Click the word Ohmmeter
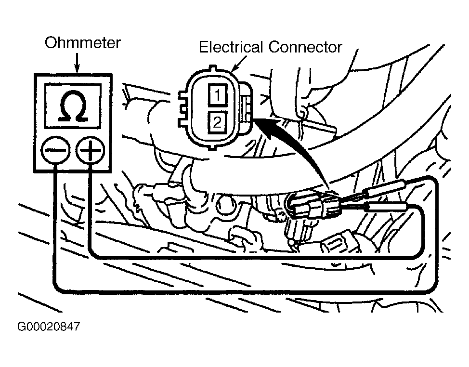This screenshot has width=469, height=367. pyautogui.click(x=82, y=43)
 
